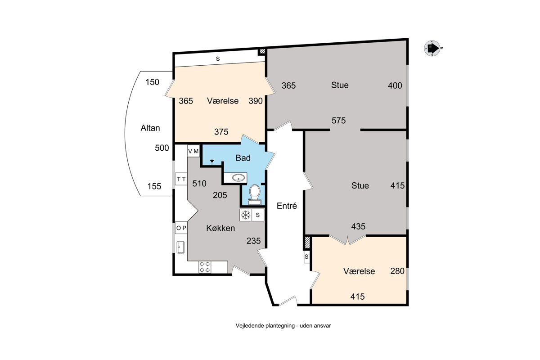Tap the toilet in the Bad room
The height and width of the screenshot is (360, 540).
pyautogui.click(x=255, y=194)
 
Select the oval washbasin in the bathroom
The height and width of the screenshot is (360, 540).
pyautogui.click(x=238, y=178)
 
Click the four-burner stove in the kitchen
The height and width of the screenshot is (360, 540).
pyautogui.click(x=205, y=267)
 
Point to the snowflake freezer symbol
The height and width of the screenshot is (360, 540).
pyautogui.click(x=245, y=215)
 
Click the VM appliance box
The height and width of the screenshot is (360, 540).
pyautogui.click(x=193, y=151)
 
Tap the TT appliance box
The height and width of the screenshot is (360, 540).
pyautogui.click(x=181, y=179)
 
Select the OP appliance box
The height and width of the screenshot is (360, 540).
pyautogui.click(x=181, y=228)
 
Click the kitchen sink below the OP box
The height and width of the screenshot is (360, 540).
pyautogui.click(x=180, y=247)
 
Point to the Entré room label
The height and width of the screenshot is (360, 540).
pyautogui.click(x=287, y=206)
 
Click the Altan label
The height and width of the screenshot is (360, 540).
pyautogui.click(x=150, y=128)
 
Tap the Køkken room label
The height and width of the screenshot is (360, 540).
pyautogui.click(x=220, y=228)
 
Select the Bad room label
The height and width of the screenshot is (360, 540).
pyautogui.click(x=243, y=158)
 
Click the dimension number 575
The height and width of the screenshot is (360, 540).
pyautogui.click(x=338, y=120)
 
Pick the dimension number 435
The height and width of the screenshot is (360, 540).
pyautogui.click(x=358, y=226)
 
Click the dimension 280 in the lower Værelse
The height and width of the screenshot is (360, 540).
pyautogui.click(x=397, y=271)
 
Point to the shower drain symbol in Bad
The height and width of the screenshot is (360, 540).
pyautogui.click(x=212, y=161)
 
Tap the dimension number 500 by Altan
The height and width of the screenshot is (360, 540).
pyautogui.click(x=162, y=148)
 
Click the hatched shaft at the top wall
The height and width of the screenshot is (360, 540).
pyautogui.click(x=262, y=51)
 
